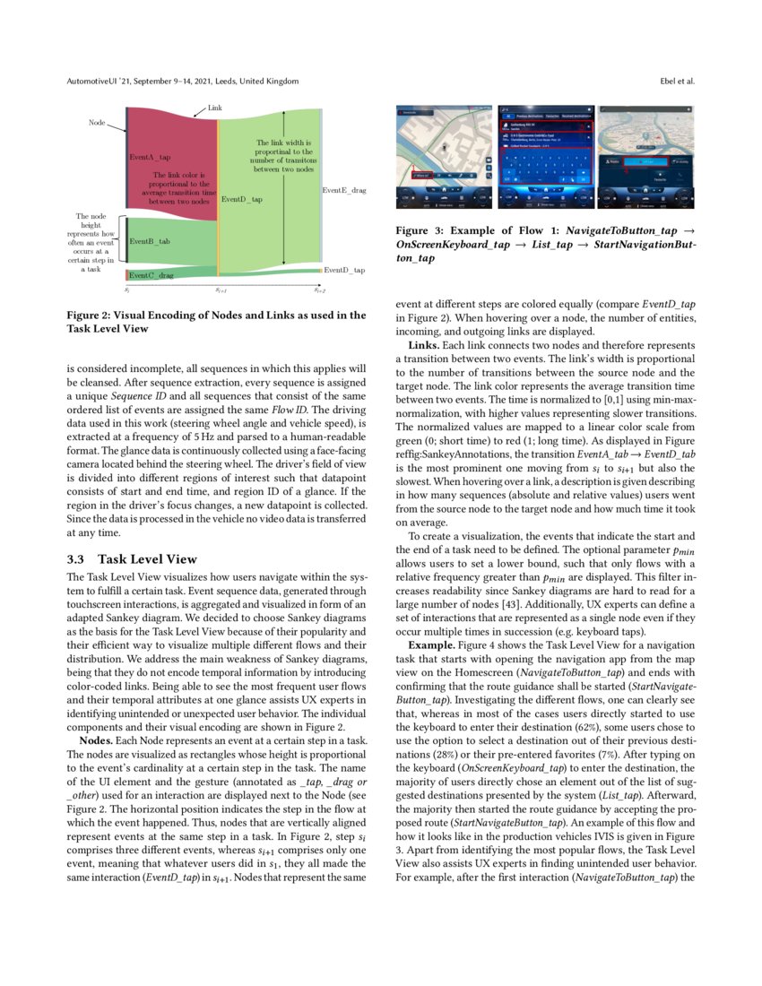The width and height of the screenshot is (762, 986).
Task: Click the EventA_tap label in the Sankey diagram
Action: click(150, 157)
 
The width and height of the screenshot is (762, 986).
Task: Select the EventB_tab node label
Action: click(150, 242)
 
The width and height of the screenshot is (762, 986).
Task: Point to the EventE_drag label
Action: click(343, 190)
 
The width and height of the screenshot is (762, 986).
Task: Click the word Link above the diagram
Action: click(215, 108)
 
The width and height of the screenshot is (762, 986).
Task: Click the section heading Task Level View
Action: click(146, 558)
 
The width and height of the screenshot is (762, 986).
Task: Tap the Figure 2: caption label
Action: click(93, 315)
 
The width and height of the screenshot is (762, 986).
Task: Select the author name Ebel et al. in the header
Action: click(676, 81)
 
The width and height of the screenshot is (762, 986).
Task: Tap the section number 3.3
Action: click(76, 558)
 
